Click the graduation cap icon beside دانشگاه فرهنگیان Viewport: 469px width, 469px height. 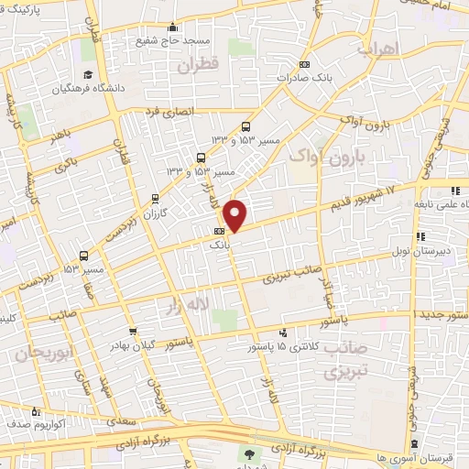(88, 74)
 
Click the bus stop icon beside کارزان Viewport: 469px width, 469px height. (155, 199)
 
